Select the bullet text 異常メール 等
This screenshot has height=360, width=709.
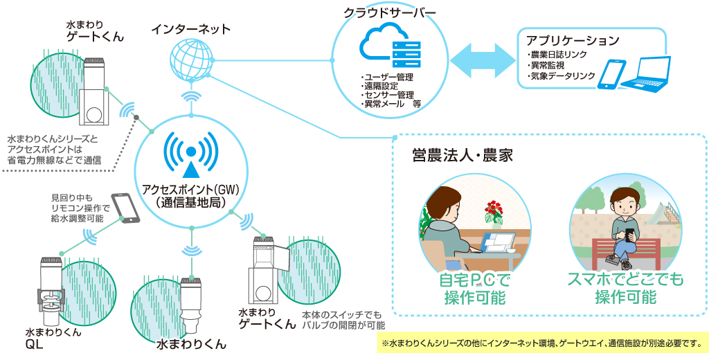point(392,105)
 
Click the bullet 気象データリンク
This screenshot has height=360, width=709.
point(562,76)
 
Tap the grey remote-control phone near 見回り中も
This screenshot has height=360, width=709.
point(125,207)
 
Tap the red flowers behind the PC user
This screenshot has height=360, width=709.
point(494,208)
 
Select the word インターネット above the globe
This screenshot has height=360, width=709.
point(191,29)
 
